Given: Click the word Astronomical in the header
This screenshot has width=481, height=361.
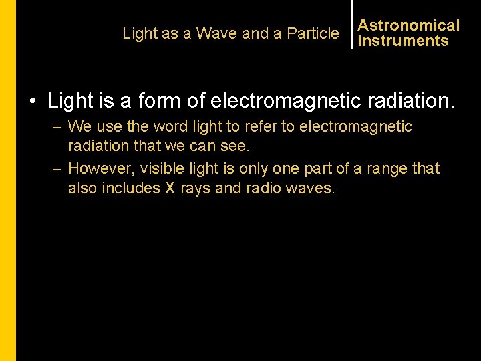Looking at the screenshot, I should [408, 25].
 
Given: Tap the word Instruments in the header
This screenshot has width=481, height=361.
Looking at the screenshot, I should [403, 41].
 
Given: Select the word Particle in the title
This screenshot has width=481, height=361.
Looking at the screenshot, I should [313, 33].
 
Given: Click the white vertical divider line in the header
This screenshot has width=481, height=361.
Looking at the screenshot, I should [351, 24].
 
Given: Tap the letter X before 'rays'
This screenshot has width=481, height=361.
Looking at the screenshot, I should [170, 188].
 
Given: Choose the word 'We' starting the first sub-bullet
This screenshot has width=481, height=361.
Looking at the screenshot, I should [79, 126].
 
